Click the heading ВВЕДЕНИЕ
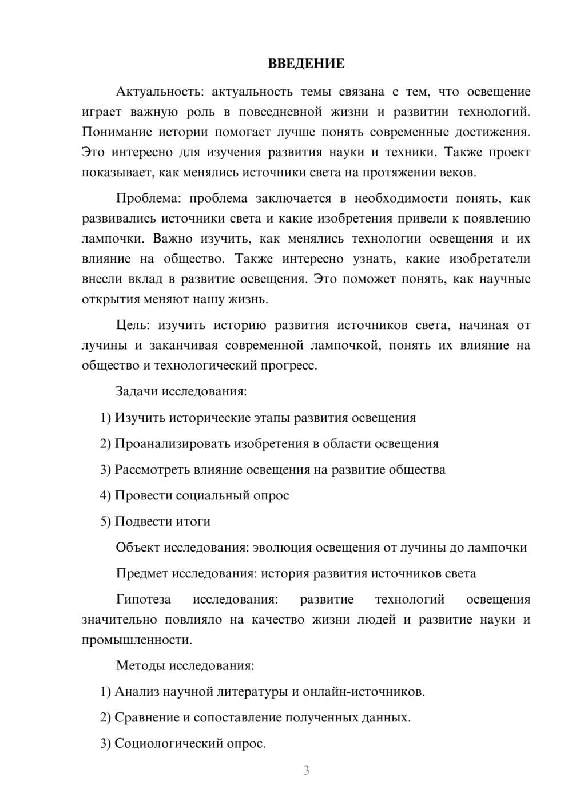tap(306, 64)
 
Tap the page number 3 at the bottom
tap(306, 770)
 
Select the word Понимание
tap(117, 132)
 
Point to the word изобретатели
tap(490, 259)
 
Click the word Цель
tap(133, 326)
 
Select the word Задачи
tap(137, 392)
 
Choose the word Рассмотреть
tap(150, 470)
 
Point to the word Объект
tap(138, 548)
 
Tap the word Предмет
tap(142, 573)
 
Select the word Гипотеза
tap(144, 600)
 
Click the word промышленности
tap(136, 640)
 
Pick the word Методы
tap(137, 666)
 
